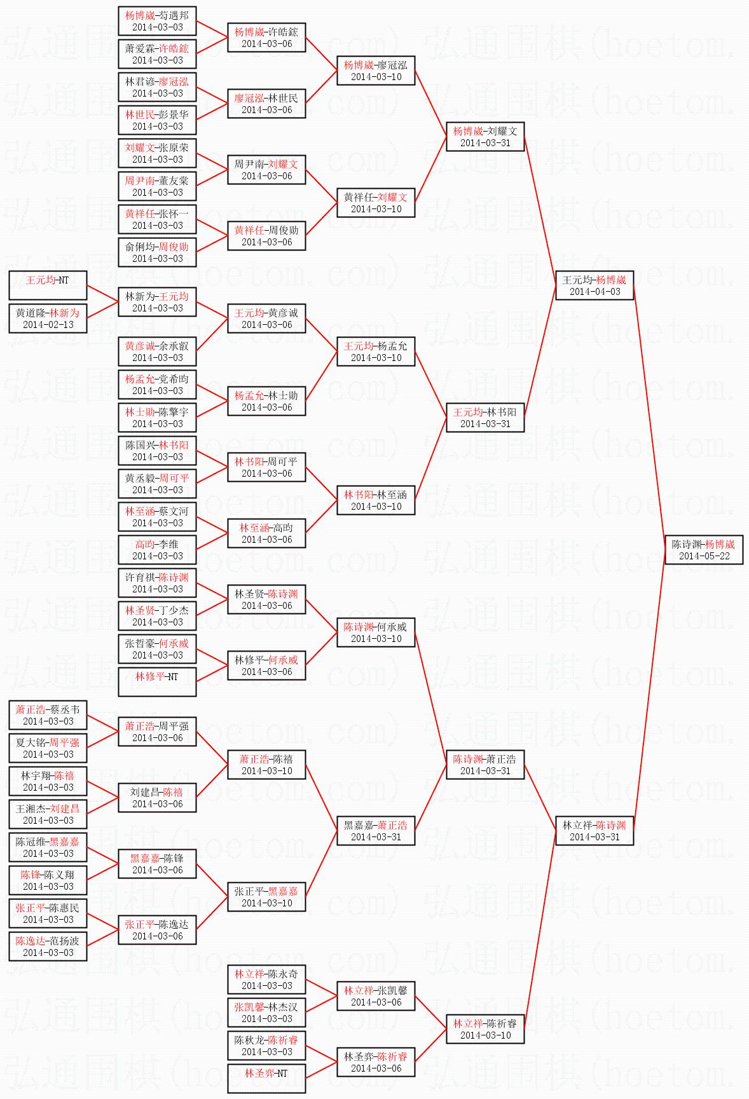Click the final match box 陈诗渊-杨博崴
(704, 549)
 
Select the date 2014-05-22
(704, 556)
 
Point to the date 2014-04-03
(594, 292)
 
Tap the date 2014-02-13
(48, 325)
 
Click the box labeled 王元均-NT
(48, 285)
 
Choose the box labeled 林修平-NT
(157, 682)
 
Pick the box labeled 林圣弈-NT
(266, 1079)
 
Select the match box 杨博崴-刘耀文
(485, 137)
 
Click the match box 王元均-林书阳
(485, 417)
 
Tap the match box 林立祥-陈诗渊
(594, 830)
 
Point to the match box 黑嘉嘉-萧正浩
(376, 830)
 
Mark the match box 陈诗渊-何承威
(376, 632)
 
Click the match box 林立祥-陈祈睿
(485, 1028)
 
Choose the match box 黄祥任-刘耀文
(376, 202)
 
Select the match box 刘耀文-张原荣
(157, 153)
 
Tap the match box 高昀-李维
(157, 549)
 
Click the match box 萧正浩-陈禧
(266, 764)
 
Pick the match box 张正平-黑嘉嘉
(266, 896)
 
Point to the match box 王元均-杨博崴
(594, 285)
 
